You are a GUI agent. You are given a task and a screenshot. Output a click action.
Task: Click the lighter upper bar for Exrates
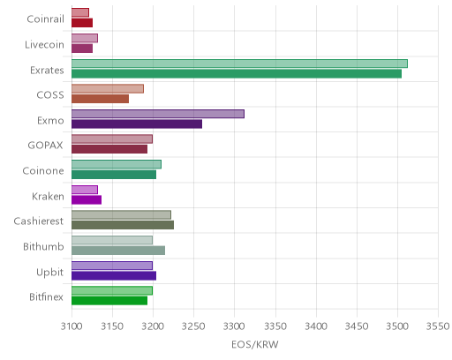[x=239, y=64]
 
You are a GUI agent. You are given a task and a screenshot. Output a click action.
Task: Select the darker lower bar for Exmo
[x=137, y=124]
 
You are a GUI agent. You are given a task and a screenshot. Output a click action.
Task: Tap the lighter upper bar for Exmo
[x=158, y=114]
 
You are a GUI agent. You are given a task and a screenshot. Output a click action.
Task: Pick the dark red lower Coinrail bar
[x=82, y=23]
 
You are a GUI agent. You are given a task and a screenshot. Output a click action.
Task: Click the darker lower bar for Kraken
[x=87, y=200]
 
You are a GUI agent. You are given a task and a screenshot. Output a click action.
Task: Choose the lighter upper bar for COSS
[x=108, y=89]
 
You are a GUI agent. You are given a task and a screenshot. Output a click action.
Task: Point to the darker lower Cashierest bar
[x=123, y=225]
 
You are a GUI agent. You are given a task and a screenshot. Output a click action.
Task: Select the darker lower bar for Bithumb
[x=118, y=251]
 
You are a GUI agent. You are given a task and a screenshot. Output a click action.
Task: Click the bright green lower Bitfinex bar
[x=109, y=301]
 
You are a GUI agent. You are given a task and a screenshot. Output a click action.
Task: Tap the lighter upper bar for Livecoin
[x=85, y=38]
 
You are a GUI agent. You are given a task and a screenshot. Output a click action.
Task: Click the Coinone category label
[x=43, y=171]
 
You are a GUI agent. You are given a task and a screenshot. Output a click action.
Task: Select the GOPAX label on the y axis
[x=45, y=146]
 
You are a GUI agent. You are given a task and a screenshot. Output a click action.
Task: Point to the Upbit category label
[x=49, y=273]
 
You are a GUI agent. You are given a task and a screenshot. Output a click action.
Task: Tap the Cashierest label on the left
[x=39, y=221]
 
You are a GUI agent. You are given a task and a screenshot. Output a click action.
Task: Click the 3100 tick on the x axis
[x=72, y=326]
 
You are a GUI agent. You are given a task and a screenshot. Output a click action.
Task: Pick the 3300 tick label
[x=235, y=326]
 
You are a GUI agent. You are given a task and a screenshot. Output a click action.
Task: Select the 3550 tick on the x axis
[x=438, y=326]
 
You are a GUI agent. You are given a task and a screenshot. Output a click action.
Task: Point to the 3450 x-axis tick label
[x=357, y=326]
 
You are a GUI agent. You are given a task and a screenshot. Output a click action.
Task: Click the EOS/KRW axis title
[x=255, y=345]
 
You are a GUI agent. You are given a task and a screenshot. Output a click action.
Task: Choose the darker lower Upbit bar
[x=114, y=276]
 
